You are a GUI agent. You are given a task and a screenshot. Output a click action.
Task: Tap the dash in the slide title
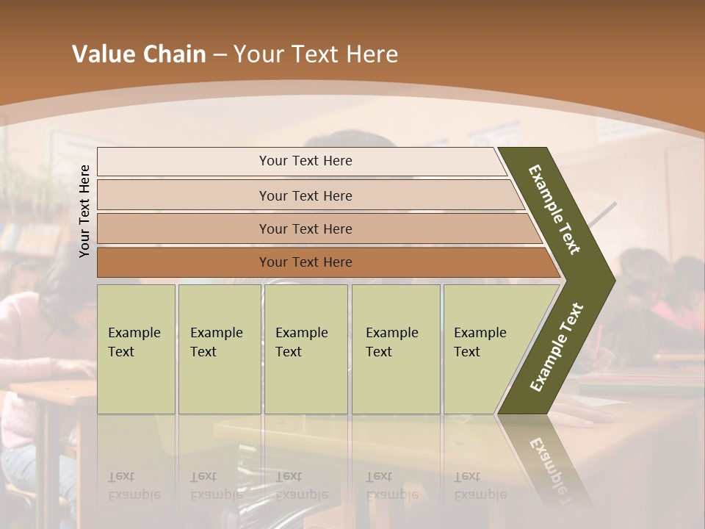220,55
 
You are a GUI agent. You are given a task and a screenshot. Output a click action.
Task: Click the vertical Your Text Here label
84,211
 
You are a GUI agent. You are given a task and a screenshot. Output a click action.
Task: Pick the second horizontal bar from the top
305,195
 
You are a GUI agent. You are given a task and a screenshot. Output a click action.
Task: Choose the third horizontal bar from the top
305,228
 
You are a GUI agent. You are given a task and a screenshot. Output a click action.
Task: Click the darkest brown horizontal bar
305,262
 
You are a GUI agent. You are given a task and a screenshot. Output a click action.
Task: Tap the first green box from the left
136,348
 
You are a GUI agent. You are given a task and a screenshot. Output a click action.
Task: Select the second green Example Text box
219,348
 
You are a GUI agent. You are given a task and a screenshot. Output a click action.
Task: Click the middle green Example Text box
305,348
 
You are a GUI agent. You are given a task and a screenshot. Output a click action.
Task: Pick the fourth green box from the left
395,348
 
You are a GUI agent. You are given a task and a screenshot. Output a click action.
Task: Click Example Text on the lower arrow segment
557,347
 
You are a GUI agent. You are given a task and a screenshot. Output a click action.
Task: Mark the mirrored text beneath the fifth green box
480,486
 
